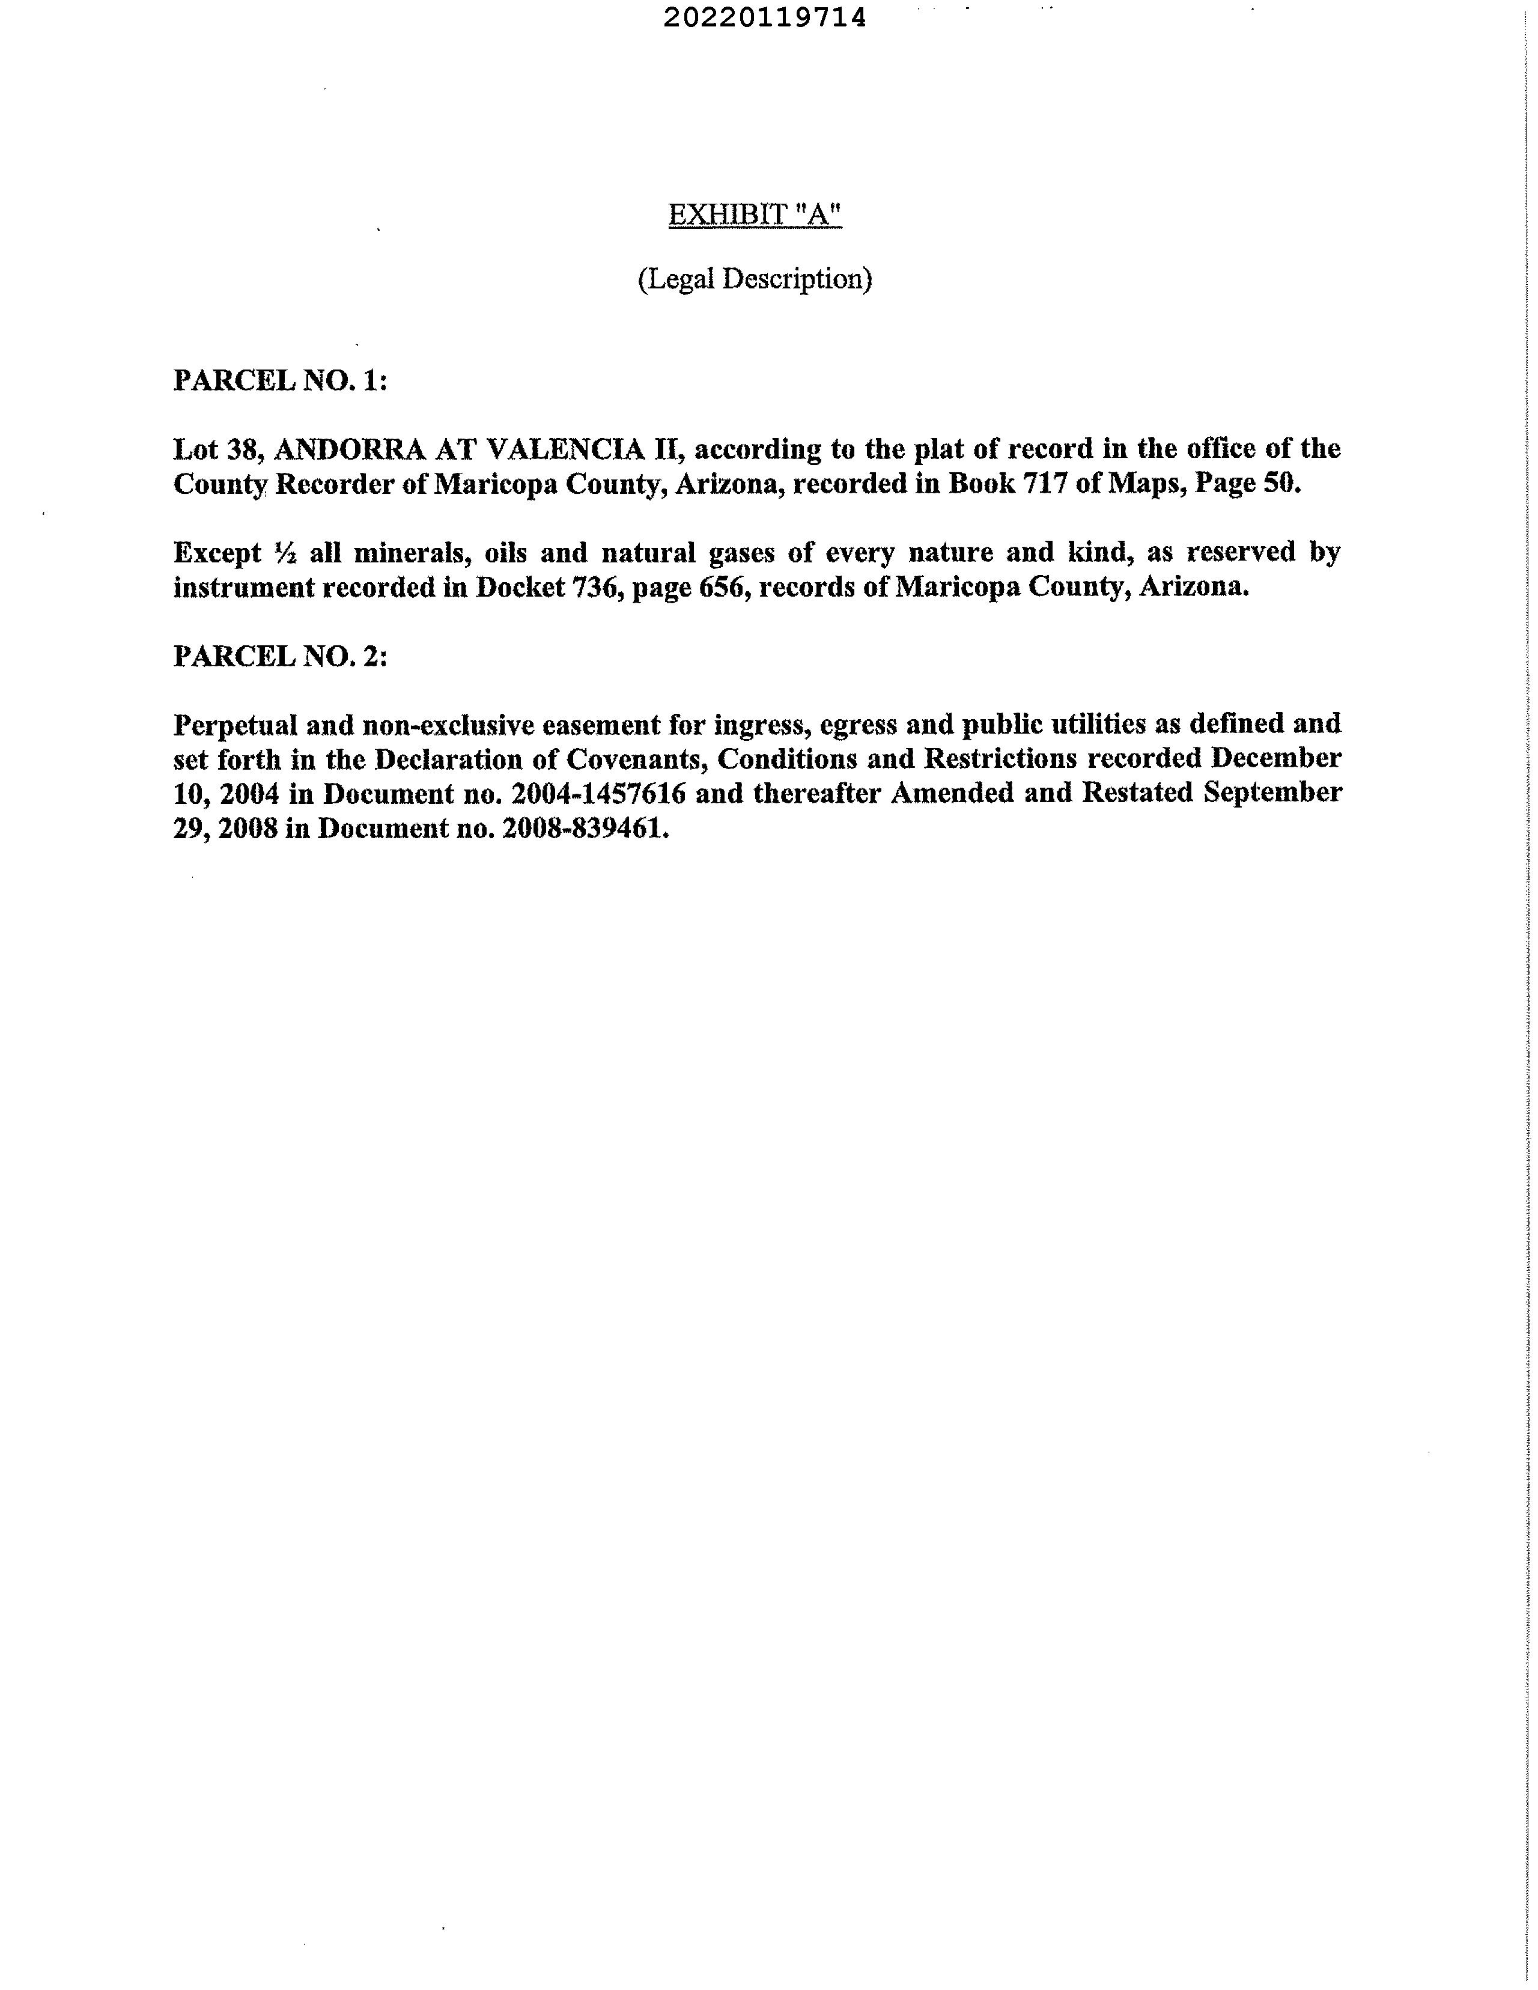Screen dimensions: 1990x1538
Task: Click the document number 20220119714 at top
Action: (764, 17)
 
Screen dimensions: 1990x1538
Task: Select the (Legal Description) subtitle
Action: (755, 279)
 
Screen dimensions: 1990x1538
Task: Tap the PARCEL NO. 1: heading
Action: (280, 380)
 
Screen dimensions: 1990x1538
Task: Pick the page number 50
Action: (1280, 484)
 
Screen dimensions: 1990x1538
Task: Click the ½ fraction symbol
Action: (280, 553)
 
